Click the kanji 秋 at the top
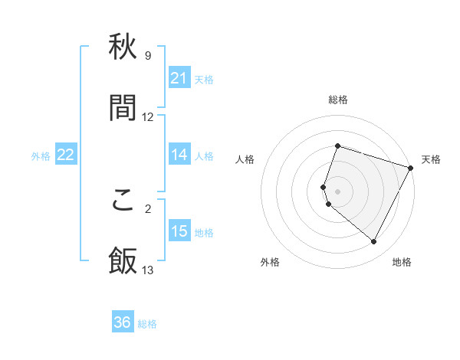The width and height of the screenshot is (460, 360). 123,48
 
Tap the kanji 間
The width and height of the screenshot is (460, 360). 123,108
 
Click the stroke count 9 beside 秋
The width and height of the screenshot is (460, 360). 147,56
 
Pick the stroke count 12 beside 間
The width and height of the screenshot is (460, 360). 148,117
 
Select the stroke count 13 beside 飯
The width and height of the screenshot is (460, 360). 148,270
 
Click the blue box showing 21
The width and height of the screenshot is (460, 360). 179,77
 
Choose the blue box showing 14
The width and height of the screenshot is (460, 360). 179,155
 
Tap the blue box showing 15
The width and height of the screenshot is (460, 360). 179,231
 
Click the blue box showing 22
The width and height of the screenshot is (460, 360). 65,155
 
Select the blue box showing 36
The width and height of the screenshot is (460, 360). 123,322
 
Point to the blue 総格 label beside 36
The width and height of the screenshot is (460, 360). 148,325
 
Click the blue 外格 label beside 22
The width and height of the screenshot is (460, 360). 41,156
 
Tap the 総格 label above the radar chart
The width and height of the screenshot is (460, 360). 338,100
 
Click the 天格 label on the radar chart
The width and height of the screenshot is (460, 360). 432,159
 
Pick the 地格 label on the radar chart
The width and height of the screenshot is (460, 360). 402,262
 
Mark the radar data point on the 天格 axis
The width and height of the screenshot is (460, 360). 412,167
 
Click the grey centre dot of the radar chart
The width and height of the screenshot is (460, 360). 338,191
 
